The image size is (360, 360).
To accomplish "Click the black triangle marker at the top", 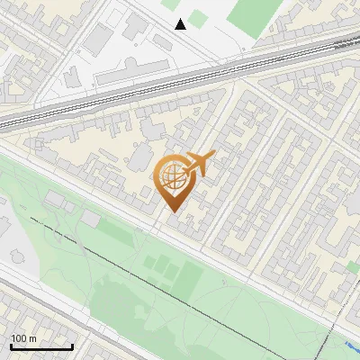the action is click(181, 23).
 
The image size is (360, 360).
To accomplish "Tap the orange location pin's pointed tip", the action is click(170, 212).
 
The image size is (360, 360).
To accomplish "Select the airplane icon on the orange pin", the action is click(198, 164).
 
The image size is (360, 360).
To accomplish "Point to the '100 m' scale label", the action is click(24, 338).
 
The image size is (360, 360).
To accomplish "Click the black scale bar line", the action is click(41, 346).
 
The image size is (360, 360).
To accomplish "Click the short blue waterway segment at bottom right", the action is click(351, 346).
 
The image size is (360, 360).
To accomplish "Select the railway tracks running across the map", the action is click(180, 77).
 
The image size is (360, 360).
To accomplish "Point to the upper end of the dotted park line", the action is click(31, 218).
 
